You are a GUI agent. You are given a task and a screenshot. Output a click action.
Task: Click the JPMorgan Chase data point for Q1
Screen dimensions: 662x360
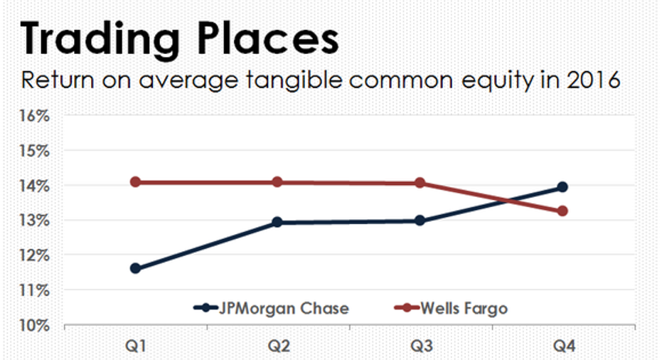click(136, 268)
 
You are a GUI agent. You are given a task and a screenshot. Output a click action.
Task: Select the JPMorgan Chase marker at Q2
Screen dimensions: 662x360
click(277, 222)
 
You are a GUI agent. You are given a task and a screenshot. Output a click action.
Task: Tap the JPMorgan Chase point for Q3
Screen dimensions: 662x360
click(420, 221)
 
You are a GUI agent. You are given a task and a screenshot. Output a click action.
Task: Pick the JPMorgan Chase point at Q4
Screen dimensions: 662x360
click(562, 187)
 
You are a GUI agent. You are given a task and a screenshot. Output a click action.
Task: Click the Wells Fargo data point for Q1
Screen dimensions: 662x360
click(136, 182)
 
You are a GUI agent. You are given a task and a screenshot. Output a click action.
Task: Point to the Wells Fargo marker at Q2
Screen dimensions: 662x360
click(277, 182)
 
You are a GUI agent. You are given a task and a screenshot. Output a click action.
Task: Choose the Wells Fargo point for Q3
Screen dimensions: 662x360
click(420, 183)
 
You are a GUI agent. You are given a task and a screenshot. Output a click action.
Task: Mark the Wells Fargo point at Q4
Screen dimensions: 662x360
click(562, 211)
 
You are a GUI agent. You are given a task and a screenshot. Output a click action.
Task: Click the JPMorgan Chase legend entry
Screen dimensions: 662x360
click(271, 309)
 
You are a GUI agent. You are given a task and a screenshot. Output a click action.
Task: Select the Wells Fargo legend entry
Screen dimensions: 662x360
click(451, 309)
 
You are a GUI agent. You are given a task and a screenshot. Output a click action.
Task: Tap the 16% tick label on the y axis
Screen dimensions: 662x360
click(35, 116)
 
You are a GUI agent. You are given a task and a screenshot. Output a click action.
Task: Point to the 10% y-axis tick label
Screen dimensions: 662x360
click(35, 325)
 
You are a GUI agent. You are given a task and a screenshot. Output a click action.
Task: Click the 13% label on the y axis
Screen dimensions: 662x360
click(35, 221)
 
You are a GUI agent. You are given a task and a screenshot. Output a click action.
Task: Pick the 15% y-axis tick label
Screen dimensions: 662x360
click(35, 151)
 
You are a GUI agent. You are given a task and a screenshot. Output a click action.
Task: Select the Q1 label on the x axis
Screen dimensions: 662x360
click(136, 346)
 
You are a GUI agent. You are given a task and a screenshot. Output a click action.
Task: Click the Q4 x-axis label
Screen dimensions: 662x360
click(565, 346)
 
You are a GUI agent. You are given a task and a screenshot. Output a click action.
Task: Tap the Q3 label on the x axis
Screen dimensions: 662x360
click(422, 346)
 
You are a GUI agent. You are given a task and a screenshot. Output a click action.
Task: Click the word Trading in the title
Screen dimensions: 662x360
click(100, 39)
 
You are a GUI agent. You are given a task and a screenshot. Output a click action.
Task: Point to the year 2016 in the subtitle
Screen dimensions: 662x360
click(594, 80)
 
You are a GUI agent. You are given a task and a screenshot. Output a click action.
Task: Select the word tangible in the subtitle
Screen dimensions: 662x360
click(294, 80)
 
